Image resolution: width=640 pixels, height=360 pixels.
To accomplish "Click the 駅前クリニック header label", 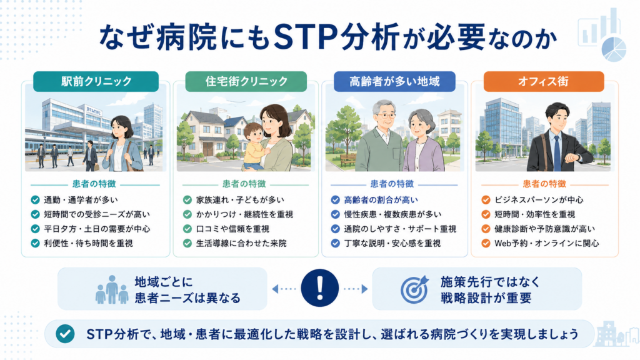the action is pyautogui.click(x=96, y=81).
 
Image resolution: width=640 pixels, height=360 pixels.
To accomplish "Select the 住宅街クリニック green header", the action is pyautogui.click(x=246, y=81).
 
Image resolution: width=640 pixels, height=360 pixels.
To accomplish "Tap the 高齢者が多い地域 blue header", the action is pyautogui.click(x=394, y=81).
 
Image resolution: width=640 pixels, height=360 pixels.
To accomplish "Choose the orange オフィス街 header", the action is pyautogui.click(x=544, y=81).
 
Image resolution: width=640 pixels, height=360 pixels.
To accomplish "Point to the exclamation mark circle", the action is pyautogui.click(x=319, y=287).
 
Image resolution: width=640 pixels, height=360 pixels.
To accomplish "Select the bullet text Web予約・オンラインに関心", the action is pyautogui.click(x=546, y=243).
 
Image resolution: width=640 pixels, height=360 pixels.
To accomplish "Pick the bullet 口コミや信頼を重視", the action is pyautogui.click(x=232, y=229).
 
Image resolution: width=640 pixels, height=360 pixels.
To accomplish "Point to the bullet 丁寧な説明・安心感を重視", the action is pyautogui.click(x=392, y=243).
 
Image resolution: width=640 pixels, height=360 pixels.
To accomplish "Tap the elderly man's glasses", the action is pyautogui.click(x=385, y=116).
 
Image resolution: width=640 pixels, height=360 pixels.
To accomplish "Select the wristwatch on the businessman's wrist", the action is pyautogui.click(x=574, y=157).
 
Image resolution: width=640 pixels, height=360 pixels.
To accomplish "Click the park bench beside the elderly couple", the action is pyautogui.click(x=347, y=160).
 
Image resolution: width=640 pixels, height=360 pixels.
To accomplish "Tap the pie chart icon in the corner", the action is pyautogui.click(x=614, y=49).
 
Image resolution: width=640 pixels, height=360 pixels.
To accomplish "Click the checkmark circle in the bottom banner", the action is pyautogui.click(x=65, y=334).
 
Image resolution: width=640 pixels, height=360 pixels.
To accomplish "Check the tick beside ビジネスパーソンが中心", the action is pyautogui.click(x=486, y=200).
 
